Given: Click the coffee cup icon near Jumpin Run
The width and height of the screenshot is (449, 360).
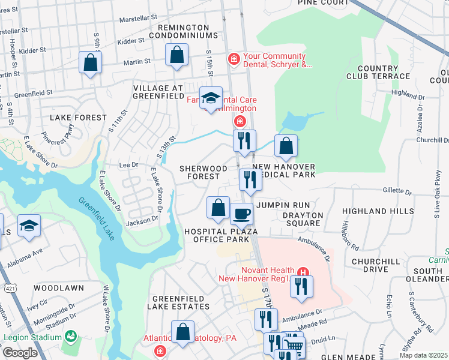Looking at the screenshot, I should click(241, 213).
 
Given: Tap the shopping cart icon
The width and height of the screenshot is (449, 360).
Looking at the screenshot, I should click(293, 346).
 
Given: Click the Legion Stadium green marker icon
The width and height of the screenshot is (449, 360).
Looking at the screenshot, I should click(71, 336).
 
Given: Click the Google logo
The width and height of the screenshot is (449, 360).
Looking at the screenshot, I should click(20, 353).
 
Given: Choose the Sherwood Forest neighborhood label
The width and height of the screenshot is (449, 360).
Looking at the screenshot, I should click(203, 172).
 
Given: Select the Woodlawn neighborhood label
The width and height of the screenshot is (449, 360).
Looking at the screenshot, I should click(58, 288).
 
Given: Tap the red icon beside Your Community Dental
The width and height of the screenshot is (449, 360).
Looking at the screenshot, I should click(234, 59).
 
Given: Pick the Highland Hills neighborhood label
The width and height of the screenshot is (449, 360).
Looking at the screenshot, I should click(373, 211).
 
